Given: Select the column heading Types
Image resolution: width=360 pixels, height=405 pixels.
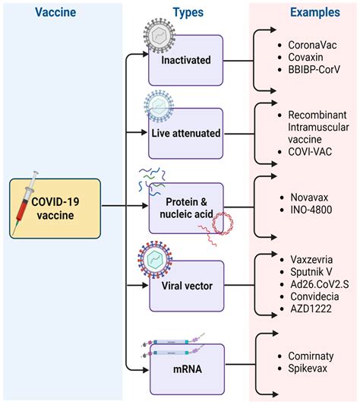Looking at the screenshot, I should tap(187, 14).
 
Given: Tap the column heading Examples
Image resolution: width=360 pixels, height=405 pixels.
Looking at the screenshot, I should tap(304, 14).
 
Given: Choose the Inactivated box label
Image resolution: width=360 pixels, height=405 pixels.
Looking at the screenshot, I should tap(186, 59).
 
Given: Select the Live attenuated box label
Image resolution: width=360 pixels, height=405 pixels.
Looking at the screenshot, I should tap(186, 133).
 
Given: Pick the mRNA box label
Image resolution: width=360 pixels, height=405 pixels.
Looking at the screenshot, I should tap(187, 369).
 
